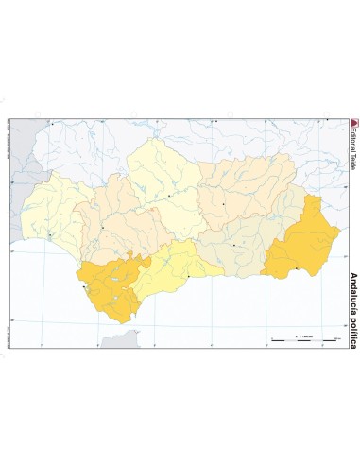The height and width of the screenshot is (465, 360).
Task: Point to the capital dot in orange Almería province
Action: [x=296, y=268]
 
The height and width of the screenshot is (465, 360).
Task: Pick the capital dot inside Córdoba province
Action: [x=169, y=196]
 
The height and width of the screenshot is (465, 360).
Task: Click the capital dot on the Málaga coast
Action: [x=188, y=276]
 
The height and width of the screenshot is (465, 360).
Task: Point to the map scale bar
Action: [x=302, y=337]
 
